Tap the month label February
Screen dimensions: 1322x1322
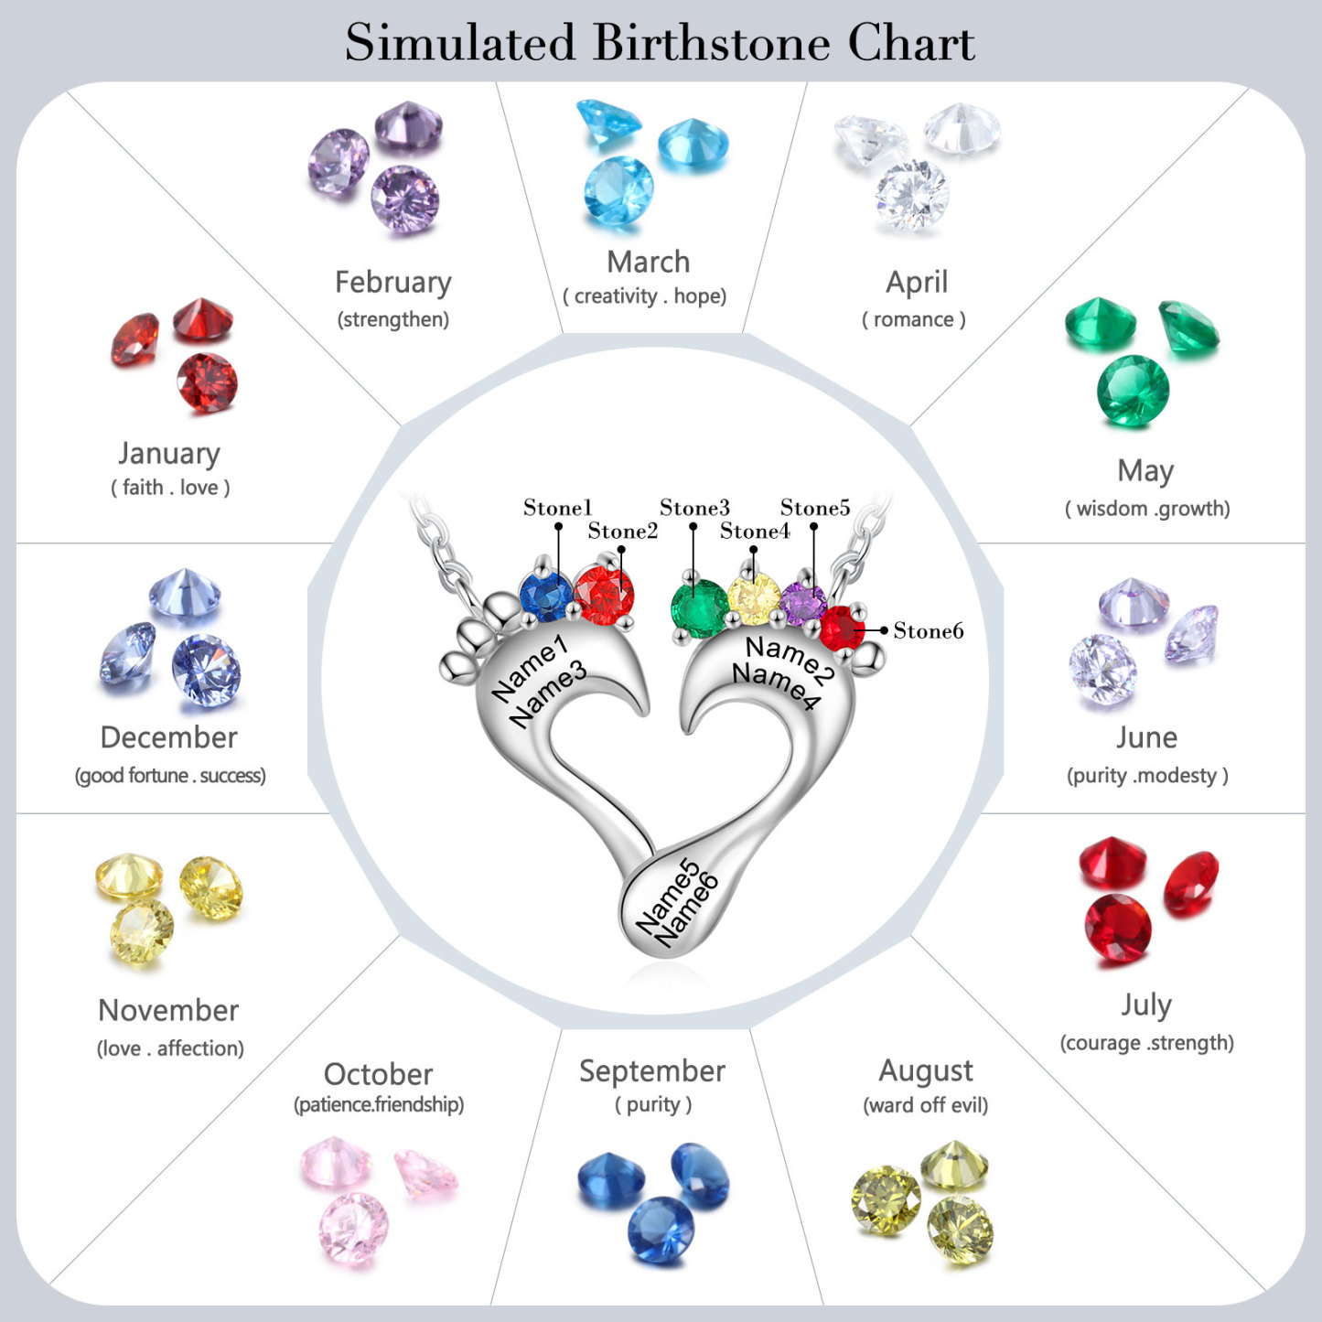coord(393,283)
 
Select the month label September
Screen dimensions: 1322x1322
coord(652,1071)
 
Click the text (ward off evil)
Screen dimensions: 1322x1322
coord(926,1105)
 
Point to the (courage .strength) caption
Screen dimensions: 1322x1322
coord(1146,1043)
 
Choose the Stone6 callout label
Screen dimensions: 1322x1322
coord(928,630)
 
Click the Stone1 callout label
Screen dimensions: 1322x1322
coord(557,508)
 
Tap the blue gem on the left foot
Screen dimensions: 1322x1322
coord(546,597)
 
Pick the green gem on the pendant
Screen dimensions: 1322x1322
coord(699,607)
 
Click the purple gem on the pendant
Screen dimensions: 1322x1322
coord(803,604)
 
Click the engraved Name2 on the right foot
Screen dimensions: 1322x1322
coord(790,659)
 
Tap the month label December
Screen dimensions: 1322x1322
coord(169,737)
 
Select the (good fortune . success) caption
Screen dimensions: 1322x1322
coord(170,776)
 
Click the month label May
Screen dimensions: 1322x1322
coord(1145,471)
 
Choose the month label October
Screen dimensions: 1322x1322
coord(378,1074)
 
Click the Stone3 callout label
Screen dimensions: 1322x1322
coord(694,508)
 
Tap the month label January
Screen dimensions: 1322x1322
coord(169,454)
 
